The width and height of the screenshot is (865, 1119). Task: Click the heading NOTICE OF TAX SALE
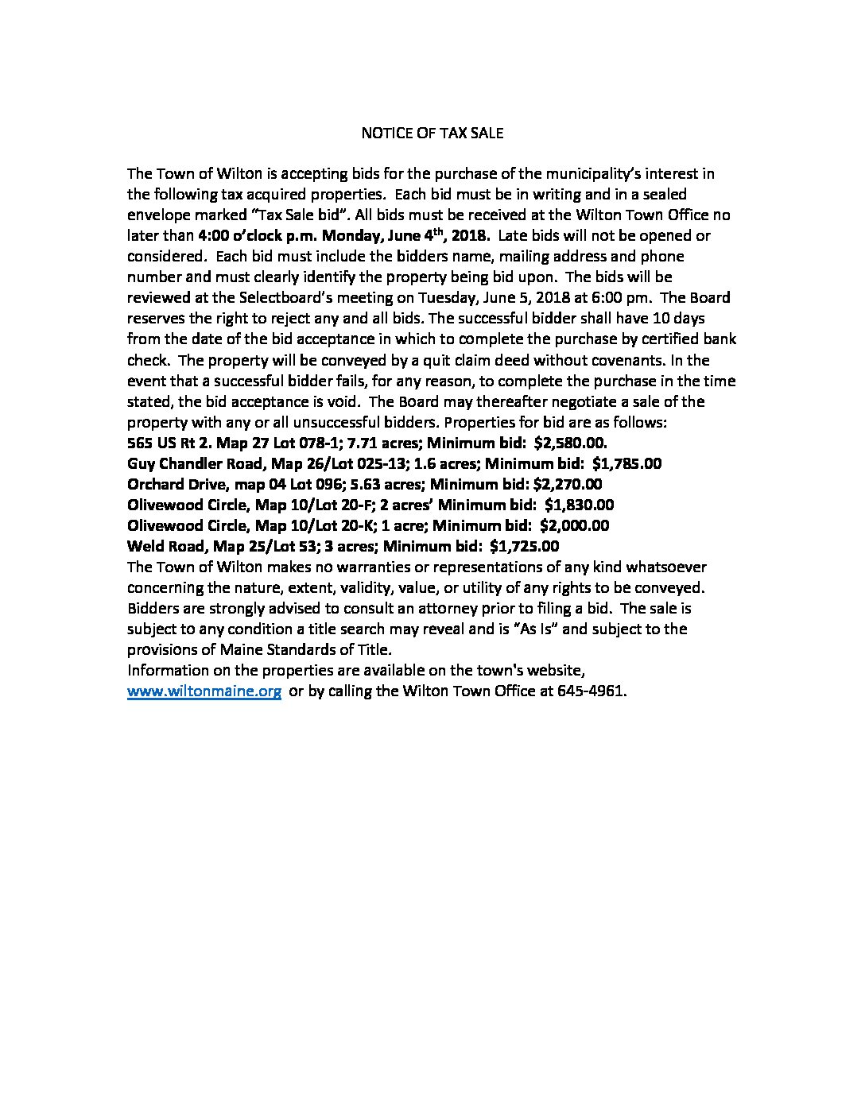pos(432,133)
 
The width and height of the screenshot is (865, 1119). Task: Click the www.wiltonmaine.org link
pos(204,691)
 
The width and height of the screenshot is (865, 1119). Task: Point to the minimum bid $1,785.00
pos(626,463)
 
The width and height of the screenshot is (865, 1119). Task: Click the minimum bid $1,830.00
pos(579,505)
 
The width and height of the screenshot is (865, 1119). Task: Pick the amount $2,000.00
pos(574,525)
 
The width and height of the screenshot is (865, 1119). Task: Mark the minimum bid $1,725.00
pos(525,546)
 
